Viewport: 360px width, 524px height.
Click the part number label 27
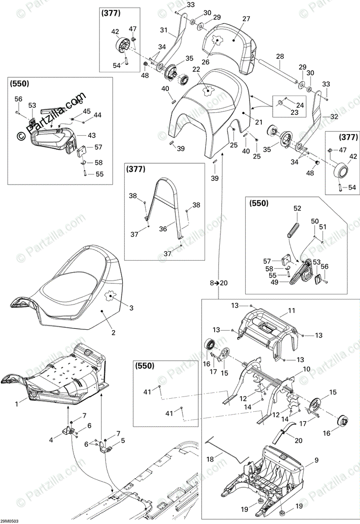tap(246, 19)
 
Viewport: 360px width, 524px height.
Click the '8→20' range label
tap(219, 283)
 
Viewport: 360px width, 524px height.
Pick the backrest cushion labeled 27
tap(229, 41)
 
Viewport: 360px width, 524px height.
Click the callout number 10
tap(306, 369)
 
